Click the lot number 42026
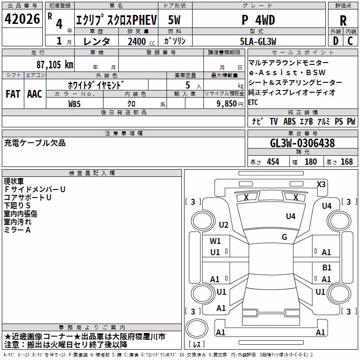click(x=22, y=19)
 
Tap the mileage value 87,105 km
click(x=55, y=65)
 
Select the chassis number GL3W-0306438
click(x=302, y=143)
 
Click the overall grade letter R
click(x=343, y=21)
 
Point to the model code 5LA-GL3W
click(x=258, y=41)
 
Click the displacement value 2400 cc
click(x=141, y=41)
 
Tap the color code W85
click(x=74, y=104)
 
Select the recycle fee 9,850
click(x=227, y=104)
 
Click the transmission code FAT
click(x=13, y=94)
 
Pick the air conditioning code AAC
click(x=35, y=94)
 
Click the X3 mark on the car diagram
click(x=321, y=184)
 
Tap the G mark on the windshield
click(x=284, y=237)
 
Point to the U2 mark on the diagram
click(x=224, y=225)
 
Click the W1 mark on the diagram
click(x=215, y=241)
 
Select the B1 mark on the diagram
click(x=327, y=267)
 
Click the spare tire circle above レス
click(x=197, y=328)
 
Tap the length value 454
click(x=273, y=162)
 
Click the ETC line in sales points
click(x=253, y=102)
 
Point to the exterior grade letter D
click(x=336, y=41)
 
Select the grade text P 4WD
click(x=258, y=20)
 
